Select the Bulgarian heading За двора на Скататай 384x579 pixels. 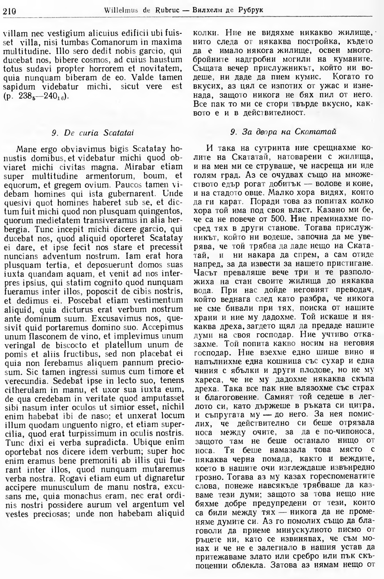[x=283, y=132]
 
